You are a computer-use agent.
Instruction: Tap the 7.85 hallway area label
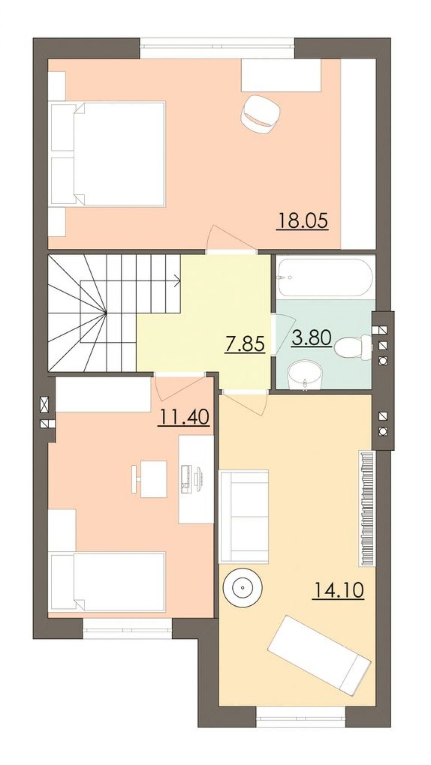click(x=244, y=344)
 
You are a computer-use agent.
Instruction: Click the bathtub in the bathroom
click(x=324, y=277)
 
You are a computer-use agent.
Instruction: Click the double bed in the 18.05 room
click(x=108, y=153)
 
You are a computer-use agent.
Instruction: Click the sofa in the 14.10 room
click(x=244, y=516)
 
